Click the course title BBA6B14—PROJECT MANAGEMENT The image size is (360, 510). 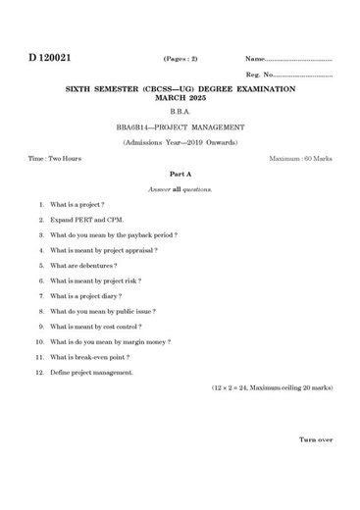(x=180, y=127)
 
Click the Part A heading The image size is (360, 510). (x=180, y=173)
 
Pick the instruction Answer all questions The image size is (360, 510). (x=180, y=188)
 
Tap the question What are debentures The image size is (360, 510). (x=83, y=266)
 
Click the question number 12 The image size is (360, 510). (x=40, y=373)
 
